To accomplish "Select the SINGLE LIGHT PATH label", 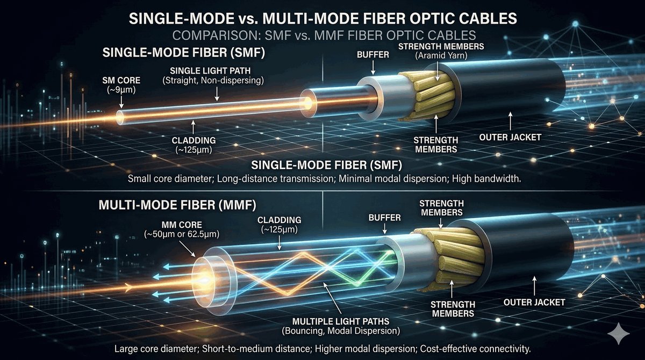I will point(216,71).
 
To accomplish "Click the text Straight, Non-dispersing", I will point(216,82).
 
